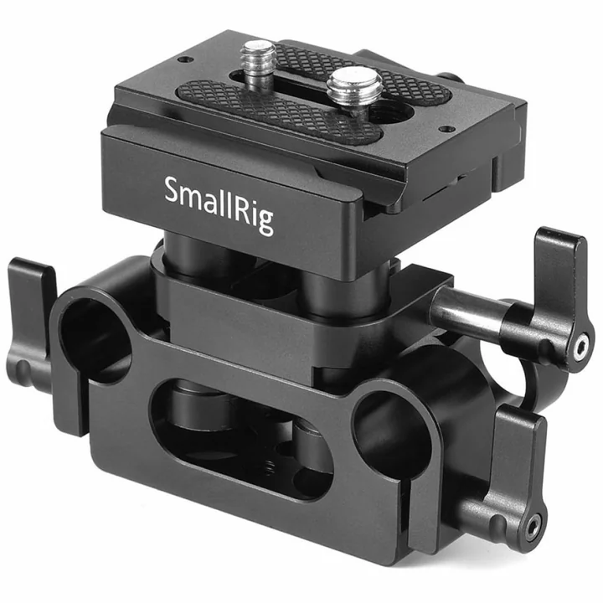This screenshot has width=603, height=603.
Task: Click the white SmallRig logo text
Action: coord(219,204)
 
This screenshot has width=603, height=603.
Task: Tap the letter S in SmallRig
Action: coord(173,189)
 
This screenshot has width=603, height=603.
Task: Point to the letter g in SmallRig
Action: coord(265,222)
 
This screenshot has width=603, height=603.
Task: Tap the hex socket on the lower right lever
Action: coord(534,524)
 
